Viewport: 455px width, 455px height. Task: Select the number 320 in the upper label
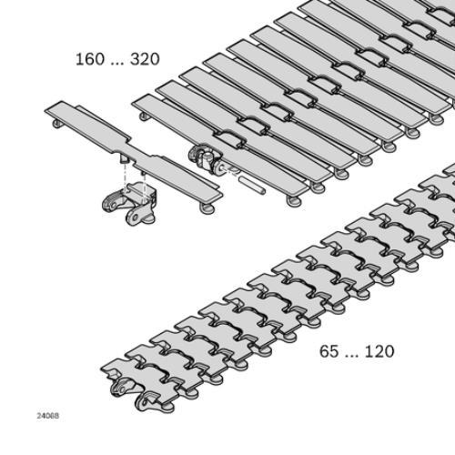145,59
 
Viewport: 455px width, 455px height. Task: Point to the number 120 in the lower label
379,351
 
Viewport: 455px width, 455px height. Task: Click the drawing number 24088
48,416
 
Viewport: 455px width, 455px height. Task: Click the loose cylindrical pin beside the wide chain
252,186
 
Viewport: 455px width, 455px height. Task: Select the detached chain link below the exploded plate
130,203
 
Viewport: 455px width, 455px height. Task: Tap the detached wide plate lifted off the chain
134,152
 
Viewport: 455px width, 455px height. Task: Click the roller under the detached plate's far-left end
56,124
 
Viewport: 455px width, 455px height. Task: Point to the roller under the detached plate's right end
208,208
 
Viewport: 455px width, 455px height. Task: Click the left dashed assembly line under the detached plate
125,179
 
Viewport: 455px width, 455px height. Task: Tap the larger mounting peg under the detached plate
124,158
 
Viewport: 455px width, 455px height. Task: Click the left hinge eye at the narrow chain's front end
119,389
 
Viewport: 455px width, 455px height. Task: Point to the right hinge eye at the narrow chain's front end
145,402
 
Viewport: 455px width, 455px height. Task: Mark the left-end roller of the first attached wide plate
145,116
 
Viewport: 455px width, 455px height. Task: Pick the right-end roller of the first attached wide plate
292,200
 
